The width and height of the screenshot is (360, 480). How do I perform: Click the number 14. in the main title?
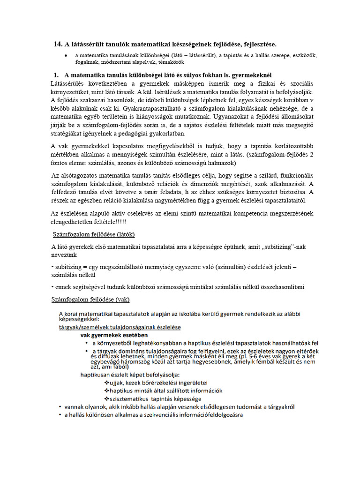click(58, 44)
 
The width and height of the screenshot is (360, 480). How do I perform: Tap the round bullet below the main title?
click(66, 55)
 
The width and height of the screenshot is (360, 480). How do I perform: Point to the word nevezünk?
click(64, 255)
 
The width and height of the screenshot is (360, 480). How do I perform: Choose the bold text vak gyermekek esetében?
click(114, 335)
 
